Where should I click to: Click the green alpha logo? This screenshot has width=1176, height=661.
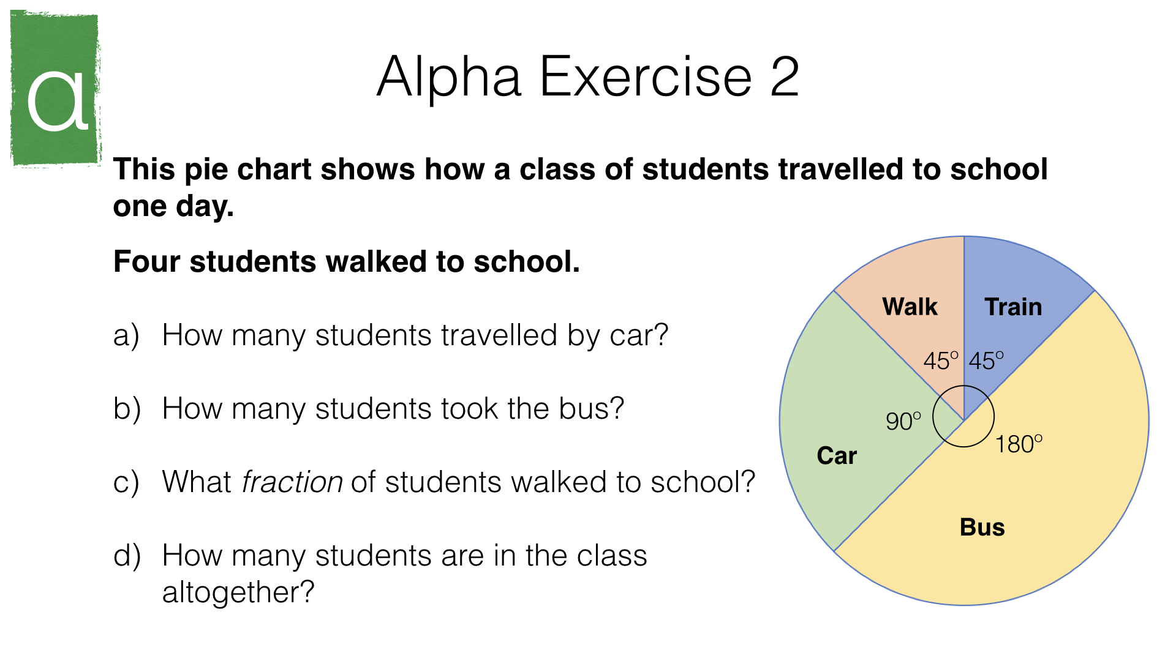pyautogui.click(x=56, y=89)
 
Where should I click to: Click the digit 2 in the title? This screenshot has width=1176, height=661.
pyautogui.click(x=785, y=77)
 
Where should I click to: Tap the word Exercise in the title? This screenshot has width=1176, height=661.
pyautogui.click(x=646, y=77)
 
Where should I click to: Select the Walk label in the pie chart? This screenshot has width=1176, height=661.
pyautogui.click(x=910, y=306)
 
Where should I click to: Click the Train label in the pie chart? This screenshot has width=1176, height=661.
pyautogui.click(x=1013, y=306)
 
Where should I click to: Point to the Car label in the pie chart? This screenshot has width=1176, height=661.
pyautogui.click(x=837, y=455)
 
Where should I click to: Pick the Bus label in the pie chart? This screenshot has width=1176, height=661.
pyautogui.click(x=982, y=527)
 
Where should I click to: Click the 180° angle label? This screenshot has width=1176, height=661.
pyautogui.click(x=1019, y=444)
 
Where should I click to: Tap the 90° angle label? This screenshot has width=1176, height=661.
pyautogui.click(x=903, y=421)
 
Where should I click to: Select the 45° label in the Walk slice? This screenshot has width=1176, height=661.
pyautogui.click(x=941, y=360)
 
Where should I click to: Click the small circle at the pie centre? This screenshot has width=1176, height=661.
pyautogui.click(x=933, y=416)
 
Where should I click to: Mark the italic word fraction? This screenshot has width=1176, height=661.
pyautogui.click(x=292, y=482)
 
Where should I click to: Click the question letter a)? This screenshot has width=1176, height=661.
pyautogui.click(x=126, y=336)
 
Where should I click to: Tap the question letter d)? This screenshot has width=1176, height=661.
pyautogui.click(x=127, y=556)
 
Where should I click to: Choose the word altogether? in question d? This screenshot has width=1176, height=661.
pyautogui.click(x=238, y=592)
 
